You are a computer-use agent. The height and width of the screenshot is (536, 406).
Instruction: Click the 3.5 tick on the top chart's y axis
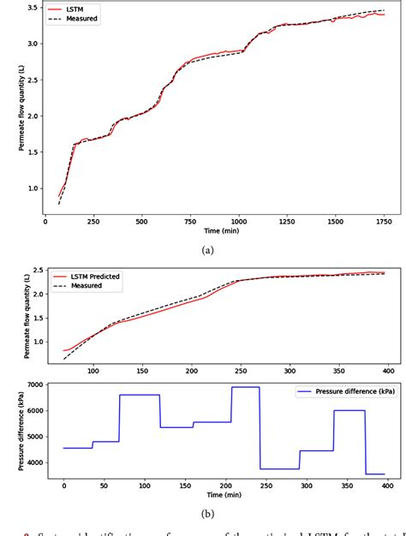[31, 7]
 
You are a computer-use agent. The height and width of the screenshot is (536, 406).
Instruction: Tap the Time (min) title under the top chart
[213, 230]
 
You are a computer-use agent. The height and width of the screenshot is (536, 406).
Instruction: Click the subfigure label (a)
[206, 250]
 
